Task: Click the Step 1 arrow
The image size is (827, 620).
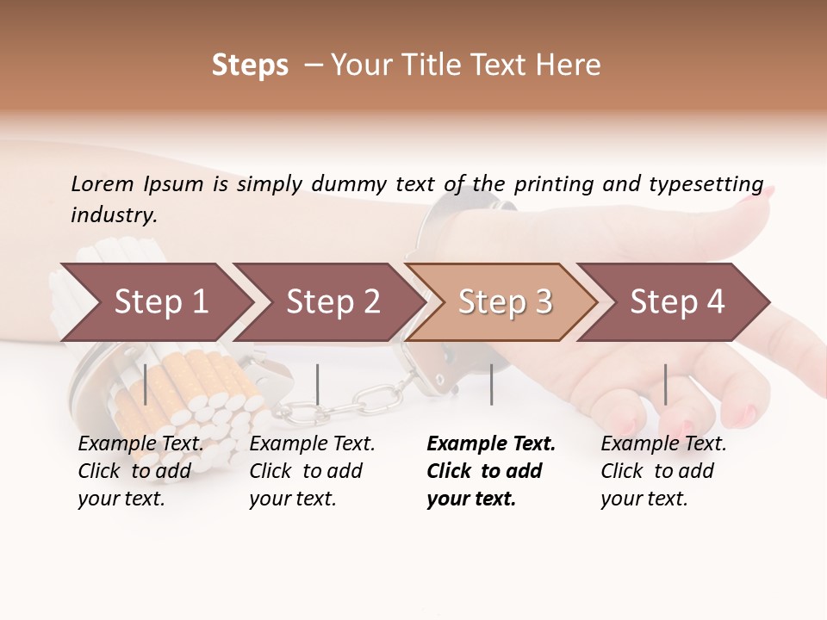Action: coord(155,301)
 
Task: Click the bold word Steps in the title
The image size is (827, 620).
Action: coord(250,65)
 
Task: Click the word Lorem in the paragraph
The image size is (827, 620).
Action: coord(103,183)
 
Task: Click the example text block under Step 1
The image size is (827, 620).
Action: coord(140,471)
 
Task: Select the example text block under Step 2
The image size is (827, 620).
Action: coord(312,471)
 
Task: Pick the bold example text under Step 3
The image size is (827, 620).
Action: coord(491,471)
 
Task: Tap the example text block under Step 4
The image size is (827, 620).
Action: coord(663,471)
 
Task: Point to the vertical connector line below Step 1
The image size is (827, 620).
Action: coord(146,384)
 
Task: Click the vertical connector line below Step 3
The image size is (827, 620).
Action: coord(491,384)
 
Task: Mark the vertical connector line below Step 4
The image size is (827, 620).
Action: coord(665,384)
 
